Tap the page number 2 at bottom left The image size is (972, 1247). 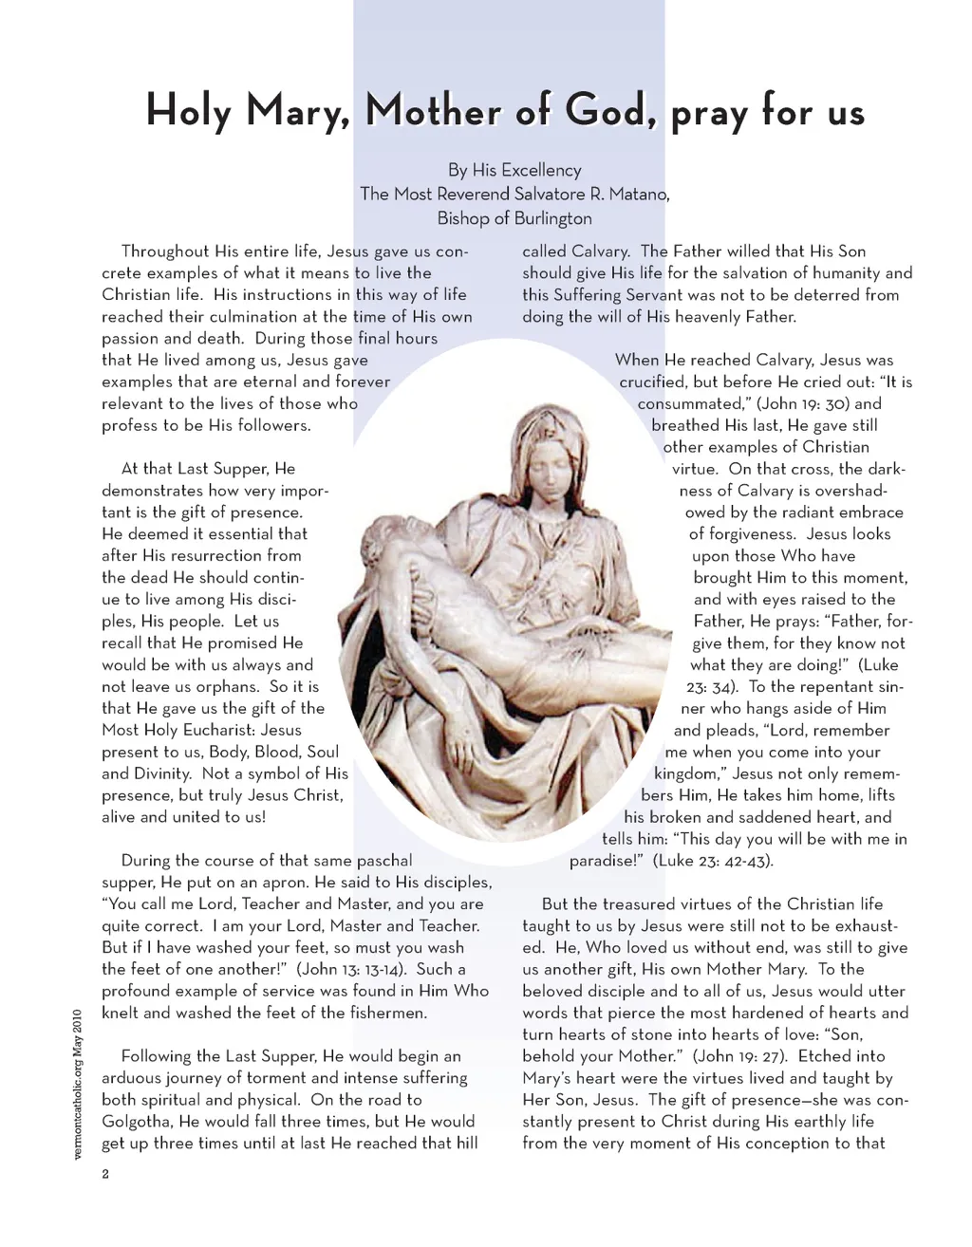pyautogui.click(x=105, y=1174)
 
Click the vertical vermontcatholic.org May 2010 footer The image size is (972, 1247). pyautogui.click(x=78, y=1081)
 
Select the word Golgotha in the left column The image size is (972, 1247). pyautogui.click(x=137, y=1122)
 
